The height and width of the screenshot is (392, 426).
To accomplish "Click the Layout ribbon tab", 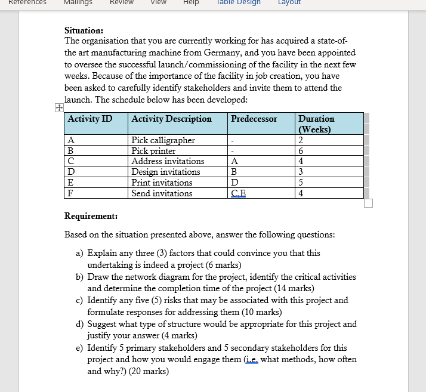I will [x=289, y=2].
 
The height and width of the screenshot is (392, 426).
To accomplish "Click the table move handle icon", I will [x=58, y=108].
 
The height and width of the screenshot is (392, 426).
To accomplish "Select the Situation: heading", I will [x=84, y=30].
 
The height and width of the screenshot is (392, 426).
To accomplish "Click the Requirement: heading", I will [x=91, y=216].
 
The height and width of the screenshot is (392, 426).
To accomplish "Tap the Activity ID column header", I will [x=89, y=119].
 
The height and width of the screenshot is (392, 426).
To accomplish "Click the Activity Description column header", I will [x=171, y=119].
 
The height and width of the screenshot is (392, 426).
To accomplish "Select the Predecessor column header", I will [x=254, y=119].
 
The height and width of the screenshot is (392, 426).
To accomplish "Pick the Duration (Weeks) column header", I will [x=316, y=124].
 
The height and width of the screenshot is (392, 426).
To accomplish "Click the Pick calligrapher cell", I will [x=163, y=140].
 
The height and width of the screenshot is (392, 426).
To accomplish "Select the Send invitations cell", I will [x=162, y=193].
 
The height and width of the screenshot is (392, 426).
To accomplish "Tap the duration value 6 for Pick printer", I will [x=301, y=151].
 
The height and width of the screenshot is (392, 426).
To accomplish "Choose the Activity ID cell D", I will [x=71, y=172].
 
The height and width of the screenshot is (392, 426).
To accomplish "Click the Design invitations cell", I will [x=165, y=172].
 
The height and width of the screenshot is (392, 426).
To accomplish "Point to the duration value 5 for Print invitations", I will [x=301, y=183].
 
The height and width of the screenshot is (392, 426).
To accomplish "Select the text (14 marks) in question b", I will [x=290, y=288].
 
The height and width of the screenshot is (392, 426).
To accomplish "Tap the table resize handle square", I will [x=368, y=203].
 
